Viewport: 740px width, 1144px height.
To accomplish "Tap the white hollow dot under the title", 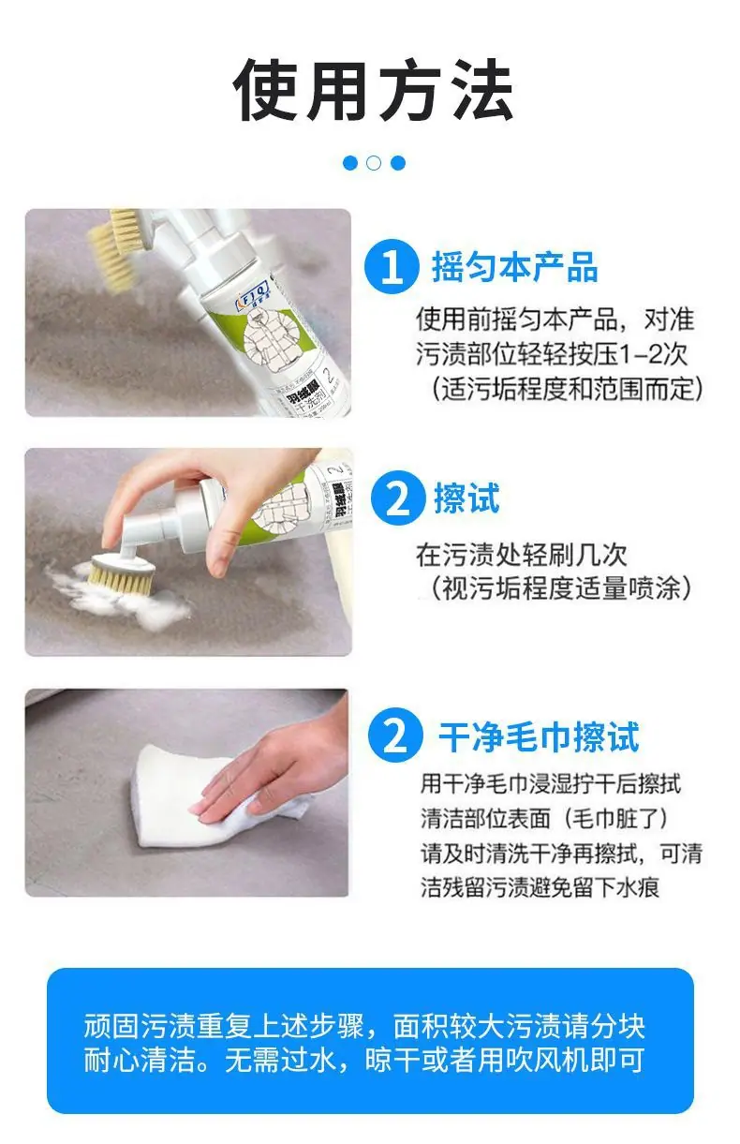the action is point(374,163).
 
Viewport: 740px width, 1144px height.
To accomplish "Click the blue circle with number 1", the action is point(392,267).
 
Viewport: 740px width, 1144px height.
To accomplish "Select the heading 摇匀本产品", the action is point(515,267).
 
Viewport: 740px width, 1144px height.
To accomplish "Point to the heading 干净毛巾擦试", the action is point(539,737).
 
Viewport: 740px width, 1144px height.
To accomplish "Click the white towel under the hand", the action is point(215,802).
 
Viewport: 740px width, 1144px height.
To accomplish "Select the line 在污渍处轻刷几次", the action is point(522,556).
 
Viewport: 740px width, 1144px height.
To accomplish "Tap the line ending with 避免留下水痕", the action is point(540,887).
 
